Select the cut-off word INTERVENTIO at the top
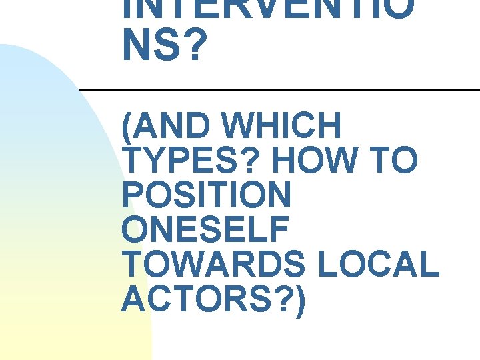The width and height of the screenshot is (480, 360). [267, 8]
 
